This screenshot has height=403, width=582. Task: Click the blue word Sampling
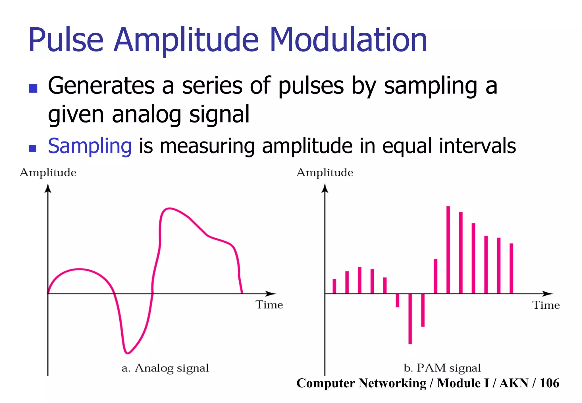click(90, 146)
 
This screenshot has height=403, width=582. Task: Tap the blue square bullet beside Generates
click(33, 88)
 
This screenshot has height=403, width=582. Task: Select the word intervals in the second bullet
click(477, 146)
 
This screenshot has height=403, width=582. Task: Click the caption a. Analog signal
click(165, 368)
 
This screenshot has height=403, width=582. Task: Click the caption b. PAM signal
click(442, 368)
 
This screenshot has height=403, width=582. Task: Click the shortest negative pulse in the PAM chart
click(398, 300)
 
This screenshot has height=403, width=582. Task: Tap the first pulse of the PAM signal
click(334, 286)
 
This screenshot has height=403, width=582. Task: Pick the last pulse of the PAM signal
click(511, 268)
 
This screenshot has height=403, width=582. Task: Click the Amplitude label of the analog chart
click(48, 173)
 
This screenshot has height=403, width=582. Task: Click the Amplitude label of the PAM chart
click(325, 173)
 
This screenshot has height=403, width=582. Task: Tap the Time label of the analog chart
click(269, 305)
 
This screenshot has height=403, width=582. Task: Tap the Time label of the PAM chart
click(546, 305)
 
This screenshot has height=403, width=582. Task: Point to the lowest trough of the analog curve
click(127, 353)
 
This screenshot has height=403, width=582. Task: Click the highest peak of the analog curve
click(169, 209)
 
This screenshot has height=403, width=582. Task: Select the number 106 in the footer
click(549, 383)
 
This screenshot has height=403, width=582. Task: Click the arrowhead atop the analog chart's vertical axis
click(48, 188)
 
